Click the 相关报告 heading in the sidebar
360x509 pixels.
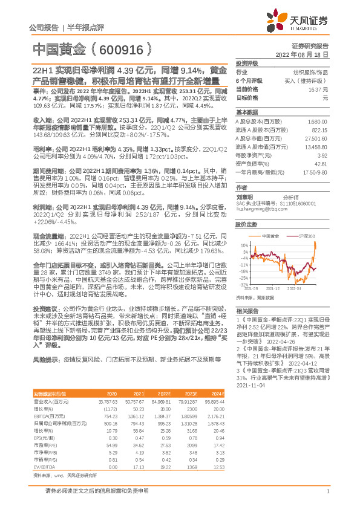246,308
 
